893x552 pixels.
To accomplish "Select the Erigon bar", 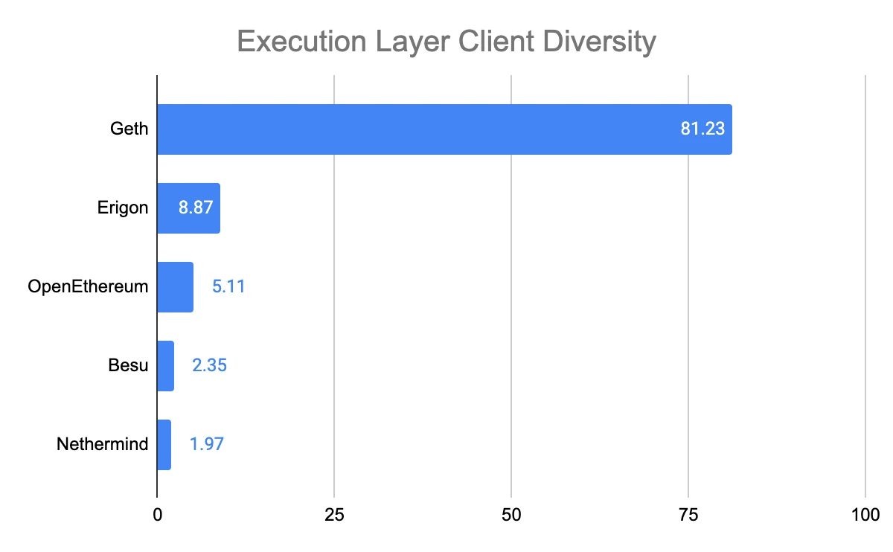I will click(x=167, y=208).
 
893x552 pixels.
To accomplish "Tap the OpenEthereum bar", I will click(x=175, y=287).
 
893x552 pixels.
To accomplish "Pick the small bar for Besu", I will click(x=165, y=366).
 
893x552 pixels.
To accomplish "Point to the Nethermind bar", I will click(x=164, y=445).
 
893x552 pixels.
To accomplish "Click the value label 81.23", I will click(x=702, y=129).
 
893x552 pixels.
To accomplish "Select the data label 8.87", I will click(x=196, y=208).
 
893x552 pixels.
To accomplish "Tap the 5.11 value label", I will click(x=228, y=287).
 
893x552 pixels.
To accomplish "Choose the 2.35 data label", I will click(x=209, y=366).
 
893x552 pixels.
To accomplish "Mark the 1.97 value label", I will click(x=207, y=445).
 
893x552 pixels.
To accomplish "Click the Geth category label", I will click(x=129, y=129).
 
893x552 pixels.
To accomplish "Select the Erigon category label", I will click(x=123, y=208).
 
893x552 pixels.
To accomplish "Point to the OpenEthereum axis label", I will click(x=88, y=287).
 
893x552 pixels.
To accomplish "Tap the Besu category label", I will click(x=128, y=366).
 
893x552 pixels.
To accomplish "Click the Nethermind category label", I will click(x=103, y=445).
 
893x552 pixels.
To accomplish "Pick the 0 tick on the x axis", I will click(x=157, y=515).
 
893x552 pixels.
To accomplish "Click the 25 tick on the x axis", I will click(x=334, y=515).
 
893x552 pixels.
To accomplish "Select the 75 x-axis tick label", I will click(x=688, y=515).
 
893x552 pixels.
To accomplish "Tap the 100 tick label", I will click(x=865, y=515).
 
